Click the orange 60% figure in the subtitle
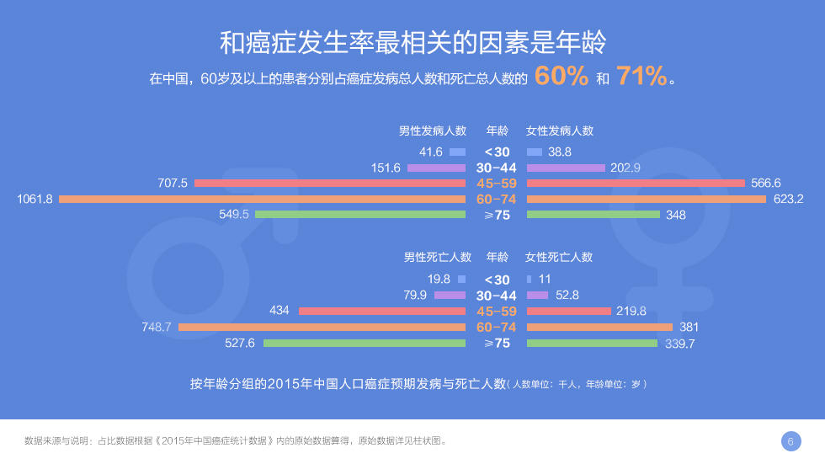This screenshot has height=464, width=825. (562, 76)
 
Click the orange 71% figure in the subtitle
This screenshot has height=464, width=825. (641, 76)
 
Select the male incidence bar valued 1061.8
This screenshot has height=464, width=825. (262, 200)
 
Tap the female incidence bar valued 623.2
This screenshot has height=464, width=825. (647, 200)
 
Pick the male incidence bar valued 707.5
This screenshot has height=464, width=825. (330, 183)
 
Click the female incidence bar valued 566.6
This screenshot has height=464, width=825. (636, 183)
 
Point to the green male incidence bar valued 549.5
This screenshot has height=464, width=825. (360, 215)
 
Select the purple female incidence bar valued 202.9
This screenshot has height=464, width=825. (566, 168)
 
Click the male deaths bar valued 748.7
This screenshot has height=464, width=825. (322, 328)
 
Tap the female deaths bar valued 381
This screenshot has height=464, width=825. (599, 328)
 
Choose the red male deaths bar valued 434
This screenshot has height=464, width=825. (382, 312)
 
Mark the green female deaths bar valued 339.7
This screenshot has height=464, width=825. (592, 344)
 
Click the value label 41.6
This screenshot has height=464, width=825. (431, 152)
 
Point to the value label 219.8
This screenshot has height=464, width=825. (631, 311)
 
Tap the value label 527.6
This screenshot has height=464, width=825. (239, 343)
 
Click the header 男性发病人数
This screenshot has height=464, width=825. (433, 131)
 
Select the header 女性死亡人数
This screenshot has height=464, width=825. (559, 257)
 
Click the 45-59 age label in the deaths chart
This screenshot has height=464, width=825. (497, 312)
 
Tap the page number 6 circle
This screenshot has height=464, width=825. (790, 441)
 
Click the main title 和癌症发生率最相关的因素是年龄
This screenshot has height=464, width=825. (413, 43)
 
